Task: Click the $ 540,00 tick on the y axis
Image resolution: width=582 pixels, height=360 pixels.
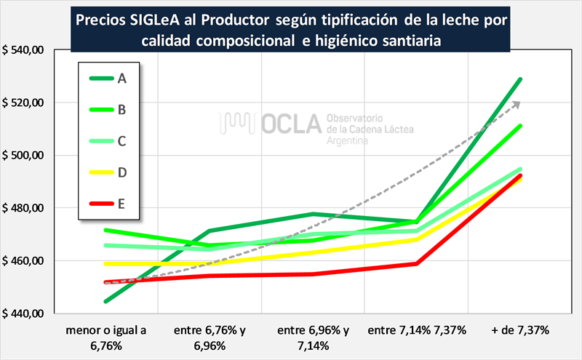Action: [24, 50]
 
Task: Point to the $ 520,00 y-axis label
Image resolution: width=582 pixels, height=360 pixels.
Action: [24, 103]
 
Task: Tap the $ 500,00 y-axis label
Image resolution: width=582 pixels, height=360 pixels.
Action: [24, 156]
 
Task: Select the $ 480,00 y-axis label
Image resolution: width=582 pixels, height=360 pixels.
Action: [24, 208]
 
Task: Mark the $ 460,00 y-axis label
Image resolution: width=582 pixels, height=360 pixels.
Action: [24, 260]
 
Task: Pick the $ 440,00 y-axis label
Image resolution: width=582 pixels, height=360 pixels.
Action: [24, 313]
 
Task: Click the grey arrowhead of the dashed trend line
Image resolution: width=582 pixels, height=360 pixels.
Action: [517, 105]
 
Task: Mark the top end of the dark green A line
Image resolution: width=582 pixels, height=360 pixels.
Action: [519, 79]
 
